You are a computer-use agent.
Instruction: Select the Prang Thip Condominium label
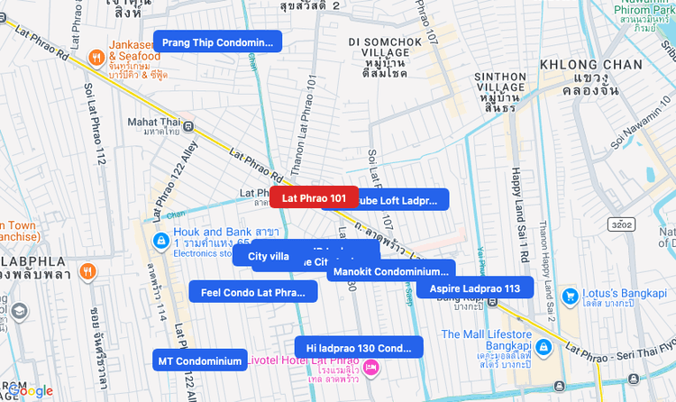coord(217,42)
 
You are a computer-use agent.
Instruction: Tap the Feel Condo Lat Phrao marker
coord(253,292)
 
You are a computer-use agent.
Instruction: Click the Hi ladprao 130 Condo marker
coord(358,348)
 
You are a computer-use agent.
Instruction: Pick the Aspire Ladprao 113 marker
coord(474,288)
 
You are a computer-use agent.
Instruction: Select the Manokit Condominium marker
coord(390,270)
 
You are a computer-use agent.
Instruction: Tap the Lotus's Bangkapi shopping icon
coord(570,297)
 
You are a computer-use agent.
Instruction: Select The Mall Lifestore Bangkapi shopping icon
coord(544,346)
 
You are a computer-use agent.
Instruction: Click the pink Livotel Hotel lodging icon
coord(370,369)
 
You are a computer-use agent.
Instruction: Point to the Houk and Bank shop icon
coord(160,241)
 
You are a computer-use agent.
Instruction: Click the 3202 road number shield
coord(621,224)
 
